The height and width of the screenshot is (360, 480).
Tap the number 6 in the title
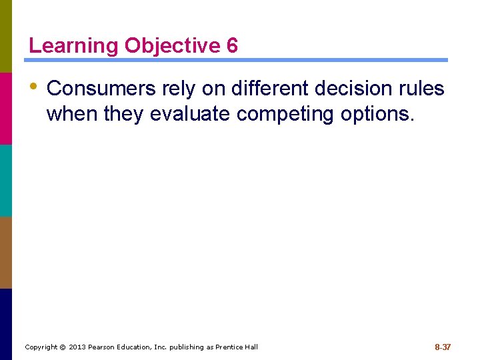pyautogui.click(x=232, y=46)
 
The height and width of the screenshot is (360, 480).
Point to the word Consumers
pyautogui.click(x=101, y=88)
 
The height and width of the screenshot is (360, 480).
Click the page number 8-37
pyautogui.click(x=443, y=347)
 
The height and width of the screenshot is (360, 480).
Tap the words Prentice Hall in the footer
pyautogui.click(x=237, y=347)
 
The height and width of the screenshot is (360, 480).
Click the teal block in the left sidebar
pyautogui.click(x=6, y=180)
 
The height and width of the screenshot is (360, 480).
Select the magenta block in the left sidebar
pyautogui.click(x=6, y=108)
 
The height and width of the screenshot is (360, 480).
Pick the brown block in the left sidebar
pyautogui.click(x=6, y=252)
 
